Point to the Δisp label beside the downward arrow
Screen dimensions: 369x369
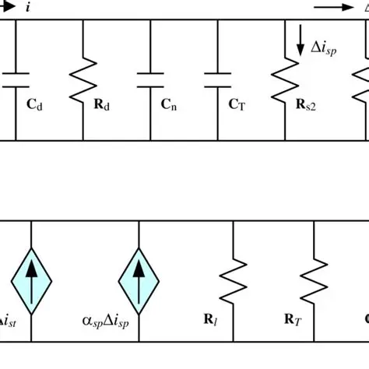pyautogui.click(x=326, y=47)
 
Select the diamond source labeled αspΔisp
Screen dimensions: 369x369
pyautogui.click(x=139, y=279)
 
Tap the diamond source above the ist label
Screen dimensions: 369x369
pyautogui.click(x=30, y=279)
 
